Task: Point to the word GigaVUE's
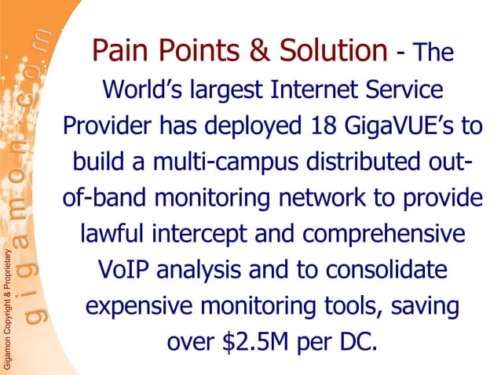tap(411, 127)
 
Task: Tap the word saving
tap(421, 306)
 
